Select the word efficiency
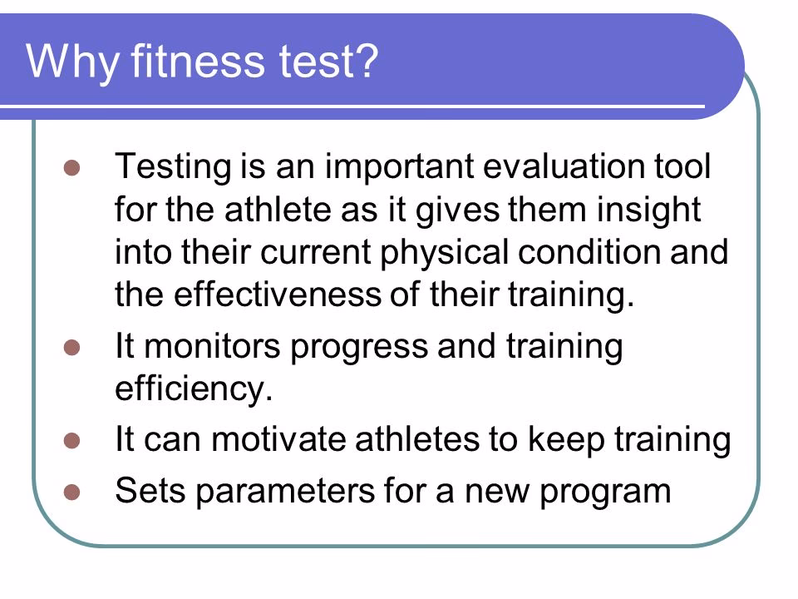(x=194, y=389)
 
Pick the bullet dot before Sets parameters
(x=71, y=490)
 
